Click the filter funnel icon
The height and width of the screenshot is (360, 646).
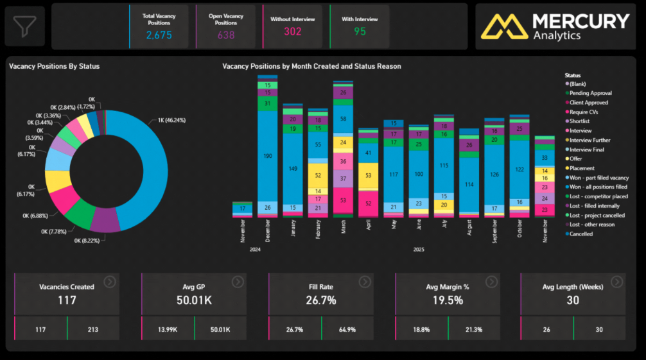click(24, 26)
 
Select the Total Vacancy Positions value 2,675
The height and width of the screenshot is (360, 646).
click(159, 35)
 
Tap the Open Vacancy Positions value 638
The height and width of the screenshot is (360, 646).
click(226, 35)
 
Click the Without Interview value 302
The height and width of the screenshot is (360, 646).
click(293, 31)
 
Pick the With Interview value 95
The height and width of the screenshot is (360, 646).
click(360, 31)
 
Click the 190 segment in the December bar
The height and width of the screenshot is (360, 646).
click(267, 156)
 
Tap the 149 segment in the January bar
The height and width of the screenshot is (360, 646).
click(292, 169)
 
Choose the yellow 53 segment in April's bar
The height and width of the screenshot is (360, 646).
click(368, 175)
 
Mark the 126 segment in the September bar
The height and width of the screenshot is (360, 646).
click(494, 174)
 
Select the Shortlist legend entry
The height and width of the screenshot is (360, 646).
click(581, 121)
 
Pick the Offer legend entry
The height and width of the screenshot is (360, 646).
click(576, 159)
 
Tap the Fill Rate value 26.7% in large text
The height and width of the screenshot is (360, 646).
click(320, 300)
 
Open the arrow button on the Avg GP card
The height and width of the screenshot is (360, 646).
click(238, 282)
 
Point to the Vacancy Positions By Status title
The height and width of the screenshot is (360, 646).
click(55, 66)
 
